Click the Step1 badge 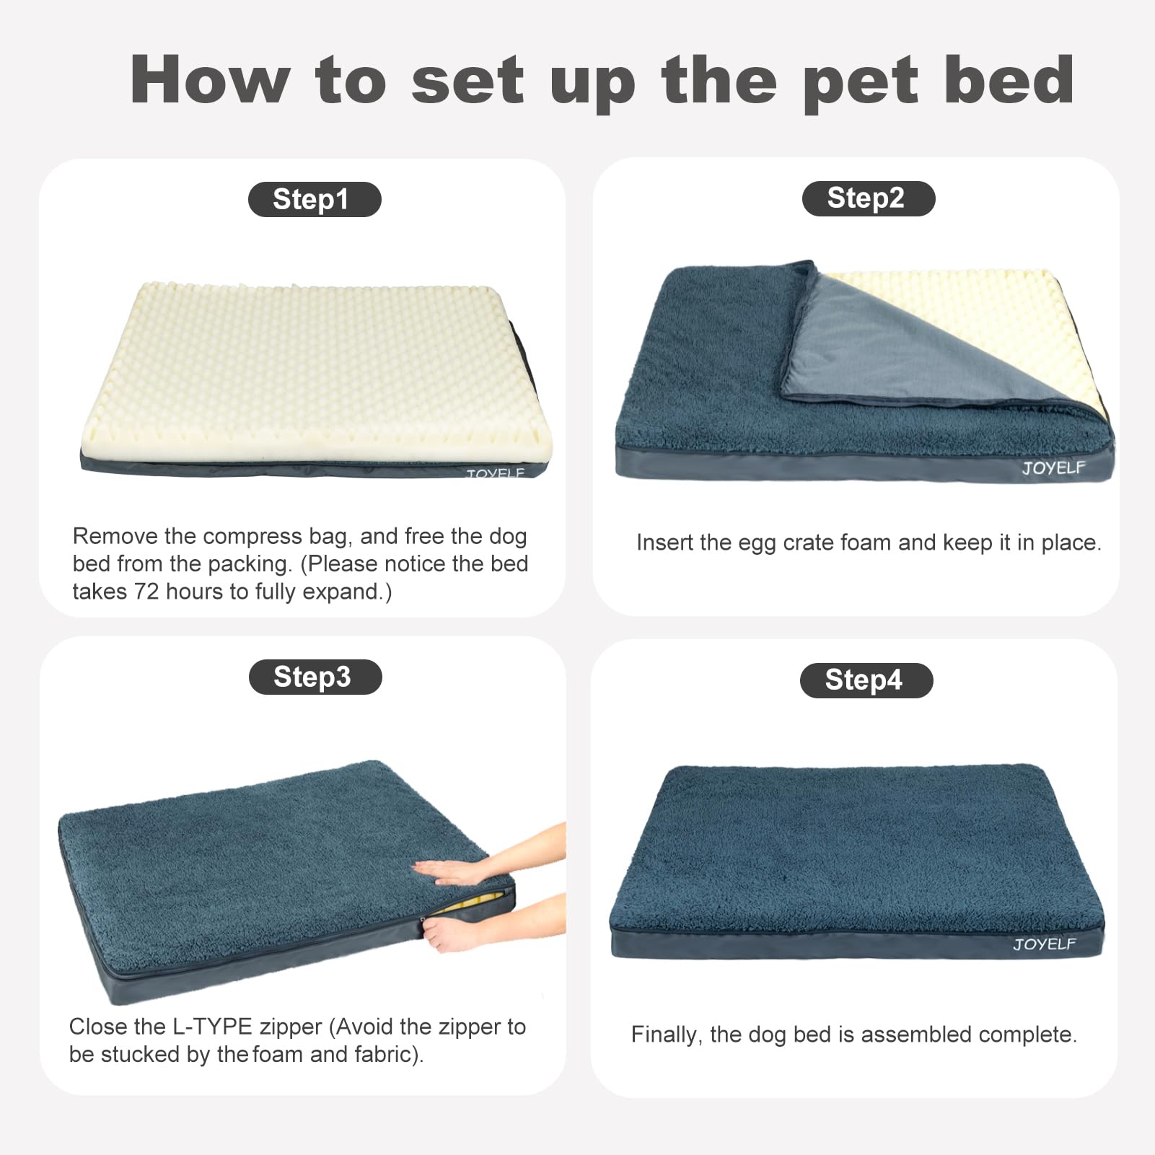pyautogui.click(x=314, y=200)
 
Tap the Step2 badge pyautogui.click(x=868, y=198)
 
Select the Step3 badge pyautogui.click(x=315, y=677)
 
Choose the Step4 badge pyautogui.click(x=866, y=680)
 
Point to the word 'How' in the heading pyautogui.click(x=210, y=80)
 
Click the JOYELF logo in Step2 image pyautogui.click(x=1053, y=467)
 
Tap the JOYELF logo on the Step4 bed pyautogui.click(x=1044, y=944)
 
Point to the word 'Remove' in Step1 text pyautogui.click(x=115, y=536)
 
